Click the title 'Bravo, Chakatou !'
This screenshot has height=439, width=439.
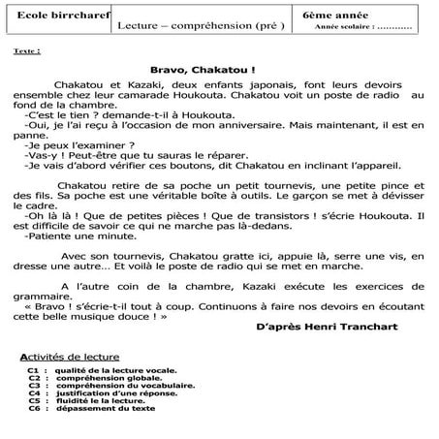(x=204, y=70)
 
